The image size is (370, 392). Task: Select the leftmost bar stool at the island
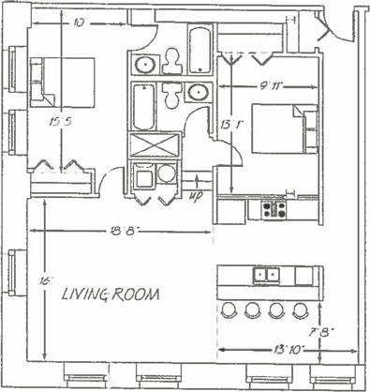coord(229,310)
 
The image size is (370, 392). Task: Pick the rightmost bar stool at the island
coord(300,310)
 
